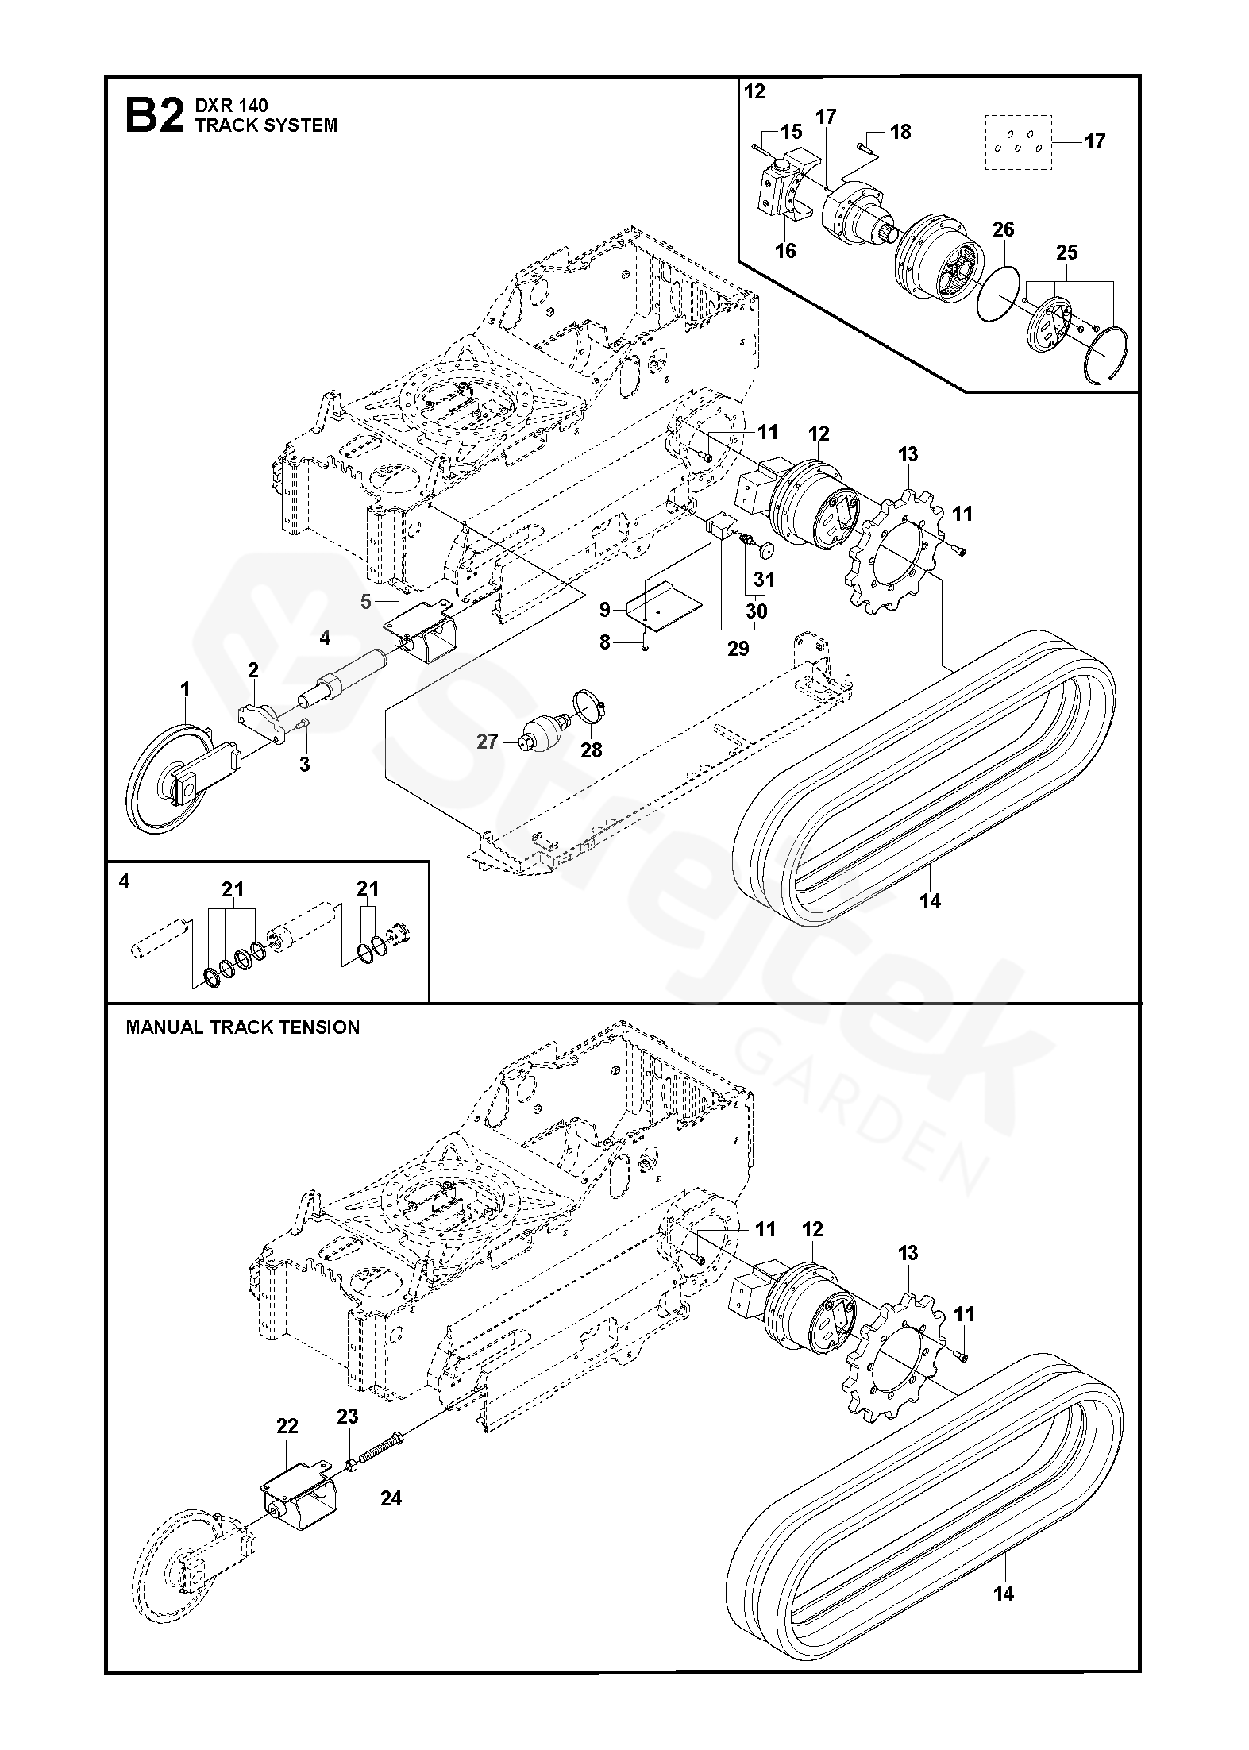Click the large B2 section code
click(155, 116)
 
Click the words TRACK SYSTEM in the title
click(266, 125)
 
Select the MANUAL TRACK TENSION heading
click(243, 1027)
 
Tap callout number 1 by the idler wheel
click(185, 689)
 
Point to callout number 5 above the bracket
click(366, 602)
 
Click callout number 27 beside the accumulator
click(487, 742)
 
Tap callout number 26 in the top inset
click(1004, 229)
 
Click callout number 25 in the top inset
click(1066, 252)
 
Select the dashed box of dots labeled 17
click(1019, 142)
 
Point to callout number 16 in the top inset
click(785, 251)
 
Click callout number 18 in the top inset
click(900, 132)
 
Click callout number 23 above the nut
click(347, 1417)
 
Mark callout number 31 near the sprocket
click(764, 580)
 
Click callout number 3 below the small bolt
click(304, 765)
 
